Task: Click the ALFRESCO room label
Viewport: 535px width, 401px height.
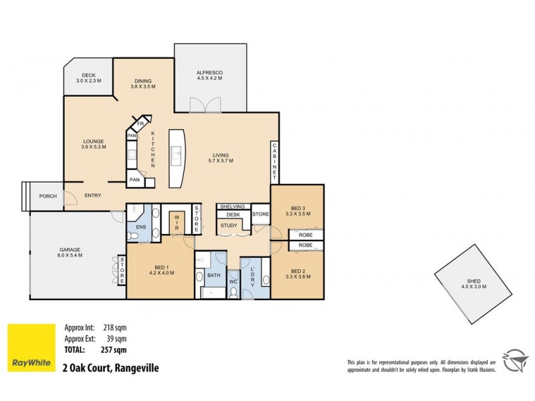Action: click(x=209, y=72)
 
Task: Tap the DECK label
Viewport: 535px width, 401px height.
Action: click(x=88, y=75)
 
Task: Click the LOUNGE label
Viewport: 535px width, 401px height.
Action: click(x=93, y=141)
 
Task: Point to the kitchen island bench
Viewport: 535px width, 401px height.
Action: click(x=177, y=158)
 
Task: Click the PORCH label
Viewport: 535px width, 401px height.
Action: click(x=48, y=196)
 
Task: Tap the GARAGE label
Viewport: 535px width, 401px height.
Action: click(x=70, y=250)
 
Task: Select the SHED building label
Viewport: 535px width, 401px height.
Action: click(x=474, y=281)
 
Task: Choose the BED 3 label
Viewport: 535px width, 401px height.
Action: click(x=297, y=207)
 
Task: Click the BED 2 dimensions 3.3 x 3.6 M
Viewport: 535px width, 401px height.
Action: click(x=297, y=277)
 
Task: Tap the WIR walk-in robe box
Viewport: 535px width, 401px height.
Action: click(x=177, y=223)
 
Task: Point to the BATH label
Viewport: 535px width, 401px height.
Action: click(x=214, y=275)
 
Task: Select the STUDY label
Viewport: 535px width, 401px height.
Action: click(x=229, y=225)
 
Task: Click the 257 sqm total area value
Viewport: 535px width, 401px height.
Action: click(x=114, y=350)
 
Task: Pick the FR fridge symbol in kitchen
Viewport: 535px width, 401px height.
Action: click(x=141, y=124)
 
